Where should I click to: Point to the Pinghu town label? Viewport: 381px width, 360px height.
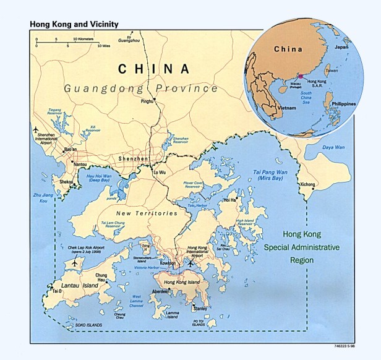(x=147, y=100)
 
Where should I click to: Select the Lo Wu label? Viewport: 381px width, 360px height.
(x=160, y=171)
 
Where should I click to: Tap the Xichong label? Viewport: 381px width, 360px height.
(x=307, y=185)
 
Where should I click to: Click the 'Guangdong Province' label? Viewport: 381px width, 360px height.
(x=141, y=88)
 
